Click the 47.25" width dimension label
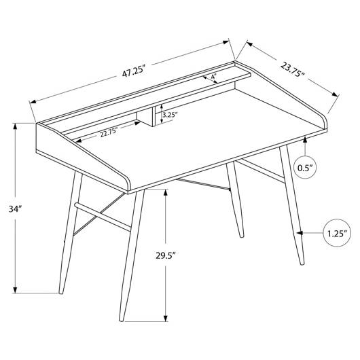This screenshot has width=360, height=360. click(x=134, y=71)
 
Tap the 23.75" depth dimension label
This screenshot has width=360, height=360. click(x=293, y=69)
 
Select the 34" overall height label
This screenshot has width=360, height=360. click(x=15, y=209)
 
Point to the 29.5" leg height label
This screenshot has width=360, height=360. click(x=166, y=255)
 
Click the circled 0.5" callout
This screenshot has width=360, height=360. click(x=305, y=168)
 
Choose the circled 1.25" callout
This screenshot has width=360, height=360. click(x=337, y=233)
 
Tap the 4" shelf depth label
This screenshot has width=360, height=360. click(x=214, y=76)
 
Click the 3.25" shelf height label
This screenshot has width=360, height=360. click(x=170, y=115)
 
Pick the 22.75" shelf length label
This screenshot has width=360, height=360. click(x=109, y=134)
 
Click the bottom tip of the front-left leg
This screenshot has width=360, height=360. click(x=122, y=321)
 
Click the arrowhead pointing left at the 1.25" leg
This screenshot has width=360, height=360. click(x=300, y=233)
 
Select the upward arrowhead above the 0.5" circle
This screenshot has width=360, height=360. click(x=305, y=139)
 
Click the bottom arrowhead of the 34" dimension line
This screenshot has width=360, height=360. click(x=15, y=290)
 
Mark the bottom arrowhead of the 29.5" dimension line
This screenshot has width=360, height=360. click(x=166, y=318)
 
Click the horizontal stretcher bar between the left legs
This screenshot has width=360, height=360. click(x=103, y=217)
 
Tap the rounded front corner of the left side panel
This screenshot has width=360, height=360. click(x=126, y=181)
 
